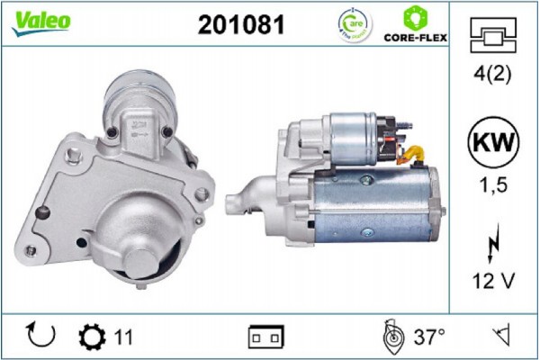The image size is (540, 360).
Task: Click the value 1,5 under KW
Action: point(492,185)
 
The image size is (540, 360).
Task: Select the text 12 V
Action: point(492,281)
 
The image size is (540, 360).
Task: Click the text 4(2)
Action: point(492,75)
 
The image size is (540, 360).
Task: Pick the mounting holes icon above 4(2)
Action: point(492,38)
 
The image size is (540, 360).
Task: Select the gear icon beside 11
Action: point(92,337)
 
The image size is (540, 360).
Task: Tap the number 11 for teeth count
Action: point(123,337)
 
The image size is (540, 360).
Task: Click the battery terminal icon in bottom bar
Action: point(266,337)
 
